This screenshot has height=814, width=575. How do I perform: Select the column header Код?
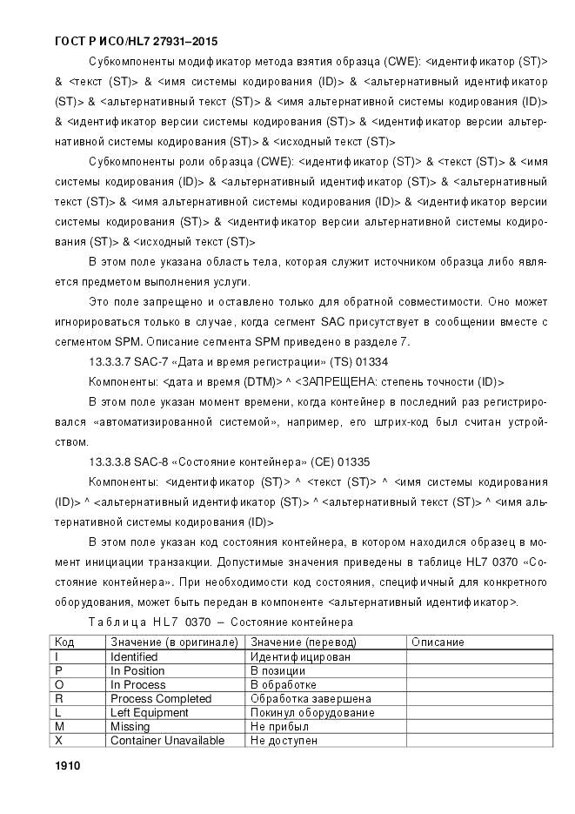(64, 642)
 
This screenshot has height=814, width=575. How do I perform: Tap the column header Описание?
(438, 642)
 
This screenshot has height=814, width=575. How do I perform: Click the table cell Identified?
(134, 656)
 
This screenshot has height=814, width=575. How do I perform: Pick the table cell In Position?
(137, 670)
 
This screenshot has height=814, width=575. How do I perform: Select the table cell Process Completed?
(161, 698)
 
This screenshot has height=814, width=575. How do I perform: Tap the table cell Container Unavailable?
(167, 740)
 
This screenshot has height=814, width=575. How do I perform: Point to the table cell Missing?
(130, 726)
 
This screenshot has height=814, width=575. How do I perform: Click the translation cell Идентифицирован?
(300, 656)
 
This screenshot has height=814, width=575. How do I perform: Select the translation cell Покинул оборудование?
(312, 712)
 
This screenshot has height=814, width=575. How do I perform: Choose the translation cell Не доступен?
(284, 740)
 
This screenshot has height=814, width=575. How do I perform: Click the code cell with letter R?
(58, 698)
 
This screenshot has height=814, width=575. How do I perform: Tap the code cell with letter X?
(58, 740)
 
